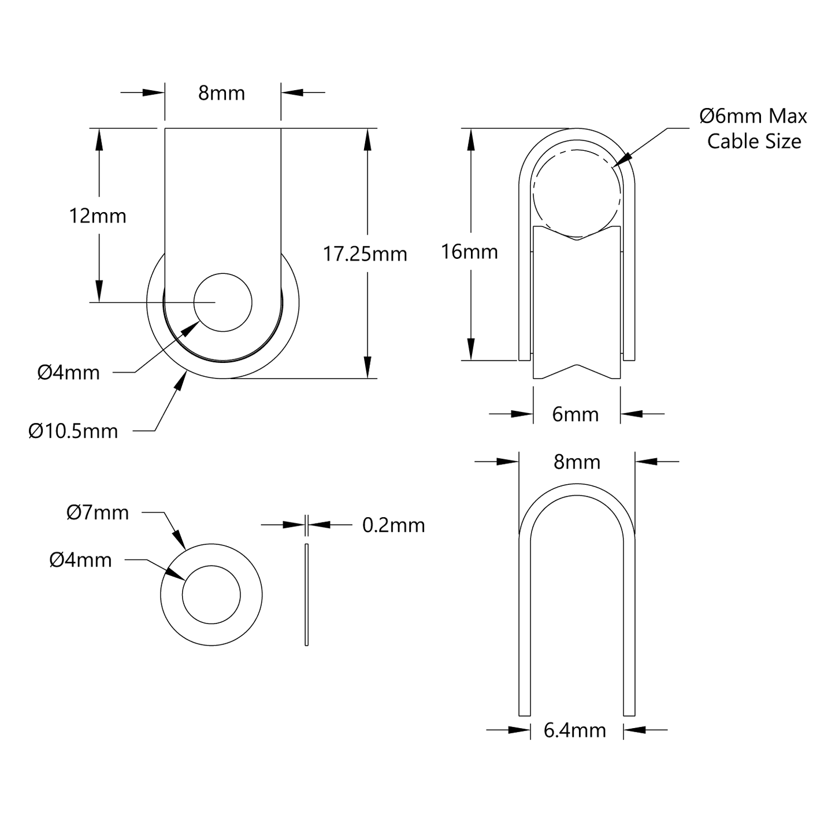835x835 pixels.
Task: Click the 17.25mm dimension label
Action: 365,254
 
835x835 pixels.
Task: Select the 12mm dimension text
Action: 98,216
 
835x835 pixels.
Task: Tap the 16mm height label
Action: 469,252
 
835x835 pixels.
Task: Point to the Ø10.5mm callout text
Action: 73,431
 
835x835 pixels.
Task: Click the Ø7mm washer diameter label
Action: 98,513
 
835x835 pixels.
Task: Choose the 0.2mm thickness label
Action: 394,525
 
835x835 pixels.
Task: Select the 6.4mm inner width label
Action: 575,730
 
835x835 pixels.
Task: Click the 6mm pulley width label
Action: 576,414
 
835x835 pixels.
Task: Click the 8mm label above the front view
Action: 221,93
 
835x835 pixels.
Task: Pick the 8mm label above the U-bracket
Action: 577,462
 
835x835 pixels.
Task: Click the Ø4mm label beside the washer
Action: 80,560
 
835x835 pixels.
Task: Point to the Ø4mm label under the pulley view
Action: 69,373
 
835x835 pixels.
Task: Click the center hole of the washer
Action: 211,595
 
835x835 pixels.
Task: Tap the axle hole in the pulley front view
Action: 223,302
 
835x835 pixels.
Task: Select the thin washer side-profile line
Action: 306,595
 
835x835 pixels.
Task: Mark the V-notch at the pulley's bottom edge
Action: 576,366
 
